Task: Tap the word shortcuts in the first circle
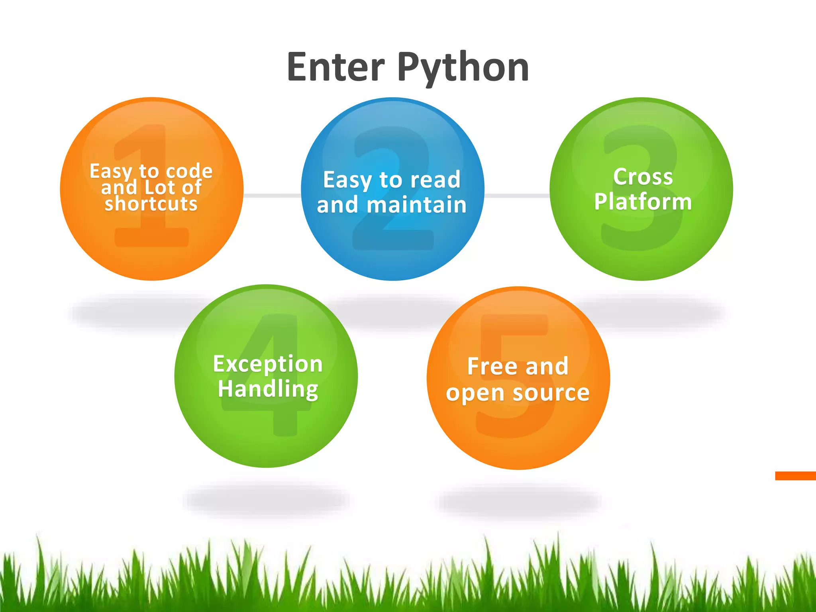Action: pyautogui.click(x=151, y=204)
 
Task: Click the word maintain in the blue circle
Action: pyautogui.click(x=416, y=205)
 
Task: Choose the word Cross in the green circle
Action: pyautogui.click(x=643, y=177)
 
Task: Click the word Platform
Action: pyautogui.click(x=643, y=202)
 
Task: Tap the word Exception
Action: pyautogui.click(x=268, y=364)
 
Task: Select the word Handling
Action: pyautogui.click(x=268, y=389)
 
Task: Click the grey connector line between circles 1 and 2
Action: pyautogui.click(x=272, y=195)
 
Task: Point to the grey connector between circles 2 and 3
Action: pyautogui.click(x=517, y=195)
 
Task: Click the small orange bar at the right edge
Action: pyautogui.click(x=795, y=475)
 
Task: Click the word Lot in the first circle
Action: pyautogui.click(x=159, y=187)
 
